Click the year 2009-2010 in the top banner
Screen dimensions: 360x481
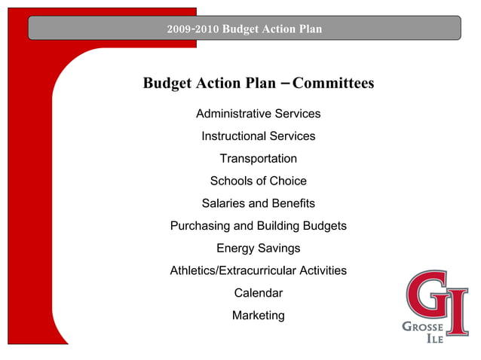193,29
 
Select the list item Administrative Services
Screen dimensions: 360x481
258,114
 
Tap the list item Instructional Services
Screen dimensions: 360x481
258,136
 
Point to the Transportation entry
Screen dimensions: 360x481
258,159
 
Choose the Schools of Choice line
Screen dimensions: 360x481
258,181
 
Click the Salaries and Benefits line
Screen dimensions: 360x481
258,203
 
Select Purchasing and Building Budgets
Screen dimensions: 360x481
258,226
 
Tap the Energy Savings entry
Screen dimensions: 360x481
258,248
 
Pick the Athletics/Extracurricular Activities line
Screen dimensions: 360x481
258,270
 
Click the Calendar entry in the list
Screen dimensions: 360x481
258,293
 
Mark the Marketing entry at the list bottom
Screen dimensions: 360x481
258,316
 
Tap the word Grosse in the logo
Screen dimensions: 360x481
423,328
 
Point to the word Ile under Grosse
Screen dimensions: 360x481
435,340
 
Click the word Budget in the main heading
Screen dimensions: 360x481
169,83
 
